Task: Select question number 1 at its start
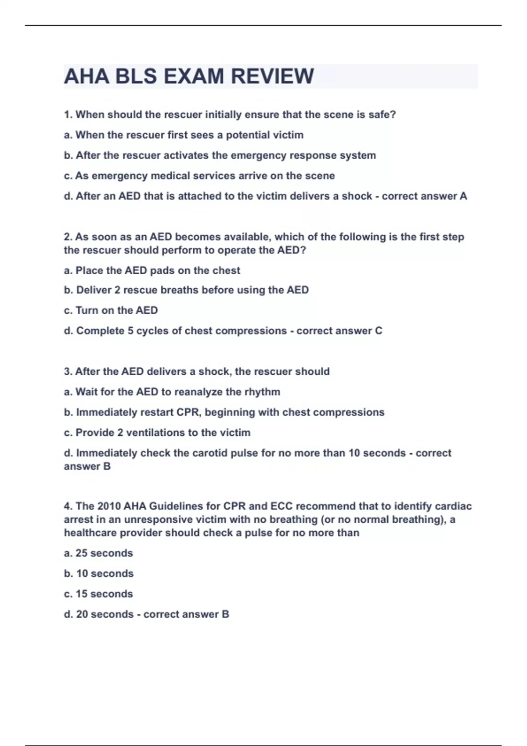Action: (68, 115)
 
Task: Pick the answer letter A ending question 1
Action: (463, 196)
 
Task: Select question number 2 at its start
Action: (68, 237)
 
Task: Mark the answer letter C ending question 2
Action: (379, 331)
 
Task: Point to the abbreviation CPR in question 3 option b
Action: (189, 412)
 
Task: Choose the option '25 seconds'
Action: (104, 553)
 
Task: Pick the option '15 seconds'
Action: (104, 594)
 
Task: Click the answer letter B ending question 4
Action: (225, 614)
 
